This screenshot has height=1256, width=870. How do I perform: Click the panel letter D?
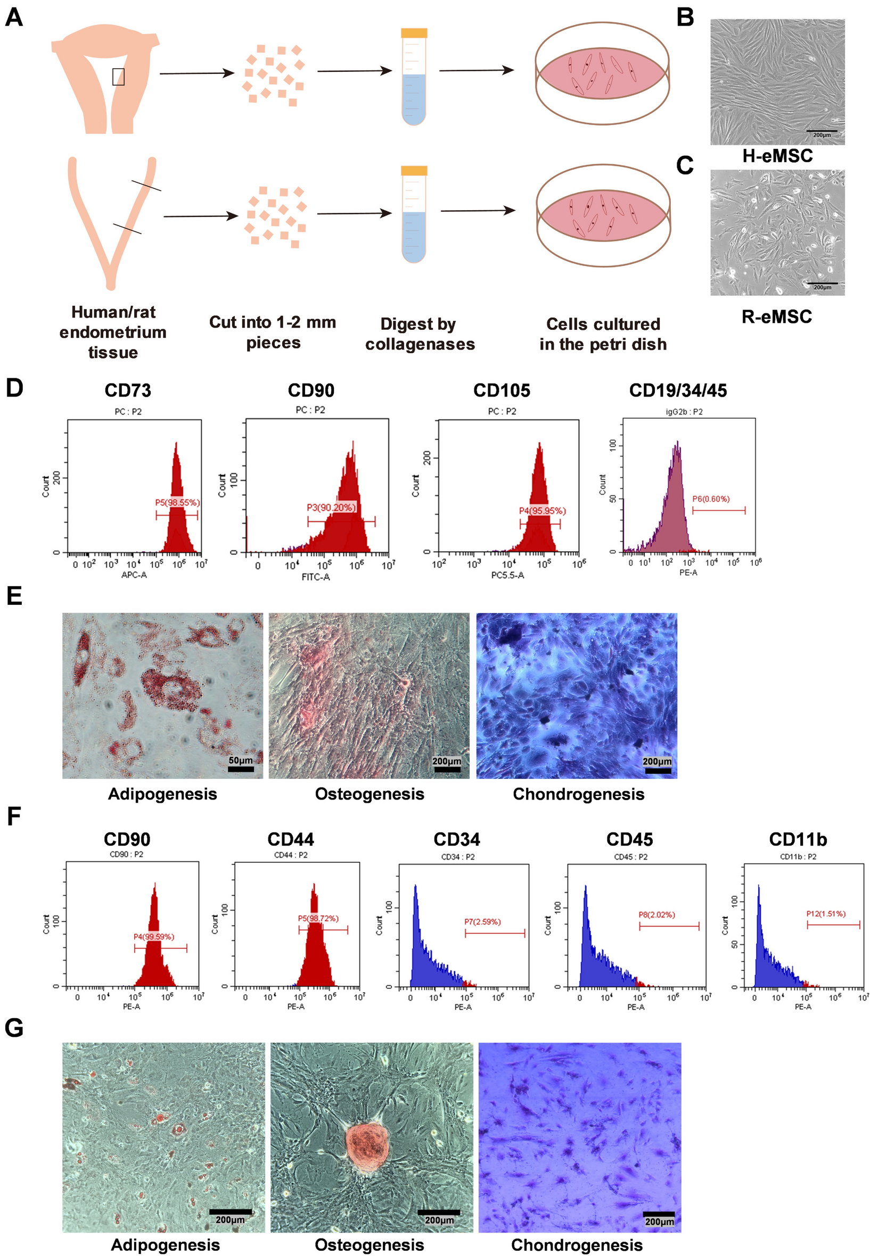point(15,388)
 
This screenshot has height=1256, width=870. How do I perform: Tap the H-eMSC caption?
point(777,156)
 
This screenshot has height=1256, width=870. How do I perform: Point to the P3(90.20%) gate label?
point(331,507)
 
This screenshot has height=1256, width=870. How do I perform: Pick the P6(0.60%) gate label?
point(710,498)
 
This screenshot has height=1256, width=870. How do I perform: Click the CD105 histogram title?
point(501,390)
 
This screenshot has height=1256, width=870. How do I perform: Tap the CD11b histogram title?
point(798,839)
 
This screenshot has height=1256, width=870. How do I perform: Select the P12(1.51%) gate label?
point(825,913)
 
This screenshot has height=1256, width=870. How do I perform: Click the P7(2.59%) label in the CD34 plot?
point(482,921)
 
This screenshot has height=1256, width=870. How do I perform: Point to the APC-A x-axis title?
point(134,575)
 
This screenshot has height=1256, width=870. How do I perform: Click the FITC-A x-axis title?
point(316,577)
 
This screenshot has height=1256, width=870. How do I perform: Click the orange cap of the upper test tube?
point(414,32)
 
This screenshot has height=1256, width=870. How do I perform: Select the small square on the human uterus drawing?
point(118,77)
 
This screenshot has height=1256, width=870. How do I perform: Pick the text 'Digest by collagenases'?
point(419,334)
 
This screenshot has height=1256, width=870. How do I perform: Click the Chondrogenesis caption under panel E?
point(578,794)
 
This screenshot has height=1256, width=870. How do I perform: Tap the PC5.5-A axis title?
point(507,575)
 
